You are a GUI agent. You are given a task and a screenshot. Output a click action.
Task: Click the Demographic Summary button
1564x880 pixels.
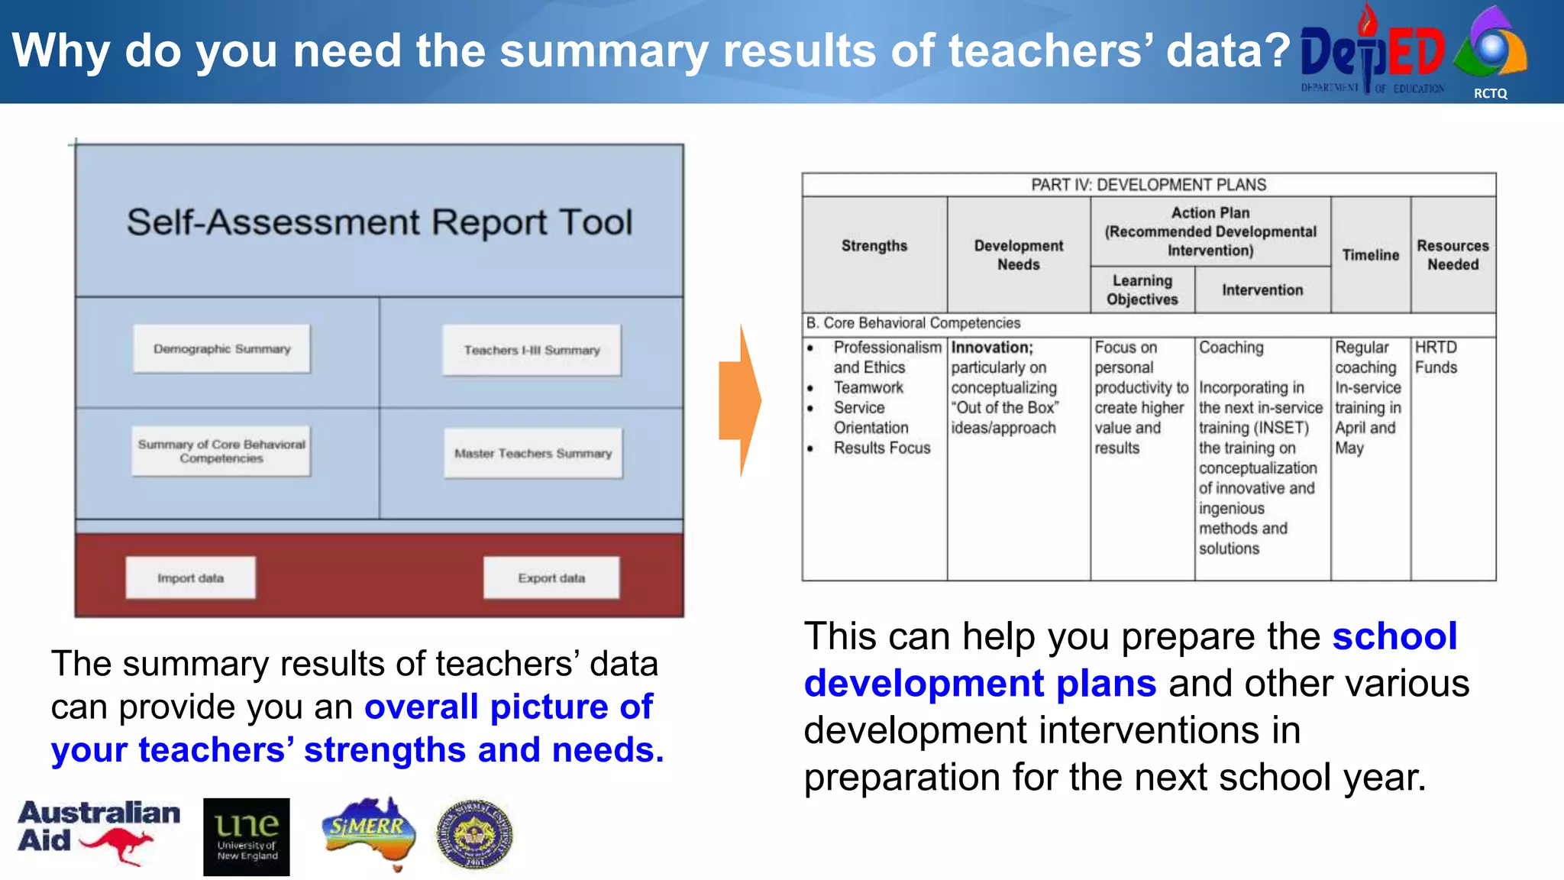(221, 349)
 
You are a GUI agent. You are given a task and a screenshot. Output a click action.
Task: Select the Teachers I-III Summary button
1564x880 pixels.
(532, 350)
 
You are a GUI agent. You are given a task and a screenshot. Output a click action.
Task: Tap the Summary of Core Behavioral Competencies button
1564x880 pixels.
(221, 451)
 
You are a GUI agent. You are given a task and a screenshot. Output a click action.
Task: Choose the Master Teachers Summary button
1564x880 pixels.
(533, 453)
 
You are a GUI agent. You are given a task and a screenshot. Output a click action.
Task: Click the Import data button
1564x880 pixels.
(190, 578)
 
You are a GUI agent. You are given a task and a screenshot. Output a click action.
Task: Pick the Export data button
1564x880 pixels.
(551, 578)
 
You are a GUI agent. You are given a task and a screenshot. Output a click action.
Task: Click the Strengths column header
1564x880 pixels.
(874, 246)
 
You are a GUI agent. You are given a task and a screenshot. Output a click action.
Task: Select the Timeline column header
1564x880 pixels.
(1370, 255)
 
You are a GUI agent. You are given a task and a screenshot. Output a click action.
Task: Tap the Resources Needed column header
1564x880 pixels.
(1453, 255)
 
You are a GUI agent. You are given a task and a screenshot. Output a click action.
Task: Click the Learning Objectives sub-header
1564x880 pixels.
(1142, 290)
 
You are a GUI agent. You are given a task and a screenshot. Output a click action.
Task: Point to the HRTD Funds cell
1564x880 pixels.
(1436, 357)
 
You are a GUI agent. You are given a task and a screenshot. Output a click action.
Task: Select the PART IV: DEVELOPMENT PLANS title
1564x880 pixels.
(1148, 185)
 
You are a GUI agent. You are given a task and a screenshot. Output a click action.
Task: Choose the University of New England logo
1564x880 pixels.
(246, 836)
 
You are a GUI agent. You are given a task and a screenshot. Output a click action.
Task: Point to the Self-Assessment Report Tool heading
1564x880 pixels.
(379, 222)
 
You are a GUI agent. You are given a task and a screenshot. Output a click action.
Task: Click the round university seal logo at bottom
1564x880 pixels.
(474, 836)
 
